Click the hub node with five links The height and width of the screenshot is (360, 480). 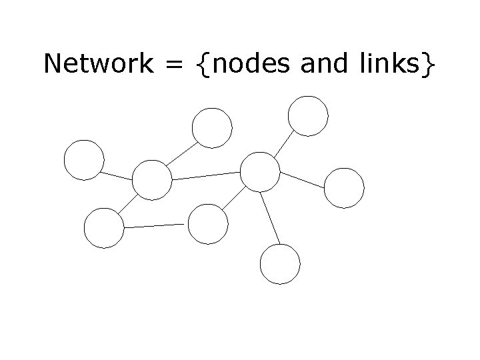coord(260,172)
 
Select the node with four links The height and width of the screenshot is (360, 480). coord(152,180)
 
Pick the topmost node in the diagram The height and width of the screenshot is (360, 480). coord(308,115)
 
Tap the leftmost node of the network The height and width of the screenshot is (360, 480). coord(84,161)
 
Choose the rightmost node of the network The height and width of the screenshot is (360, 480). coord(344,187)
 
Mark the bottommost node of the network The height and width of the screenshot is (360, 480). coord(280,264)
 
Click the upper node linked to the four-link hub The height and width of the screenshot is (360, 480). coord(212,127)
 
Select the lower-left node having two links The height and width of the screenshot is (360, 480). coord(104,228)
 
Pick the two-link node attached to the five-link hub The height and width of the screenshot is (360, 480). coord(208,223)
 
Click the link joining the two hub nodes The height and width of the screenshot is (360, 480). coord(206,175)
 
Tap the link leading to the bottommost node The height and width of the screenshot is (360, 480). coord(270,219)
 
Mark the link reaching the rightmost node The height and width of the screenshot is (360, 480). coord(303,178)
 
